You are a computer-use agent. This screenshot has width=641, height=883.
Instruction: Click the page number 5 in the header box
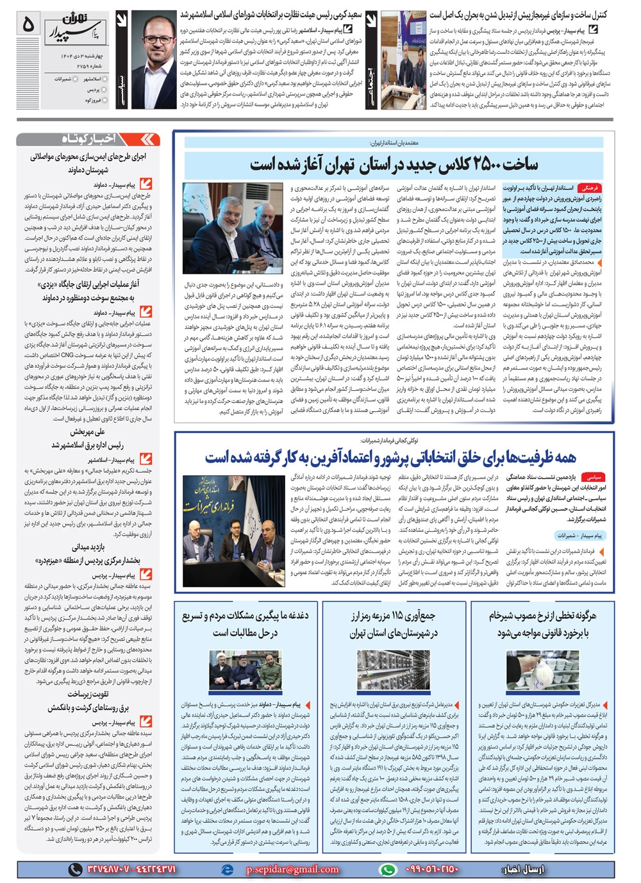coord(28,24)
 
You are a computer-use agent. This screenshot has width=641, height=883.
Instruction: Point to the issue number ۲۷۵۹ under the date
coord(82,65)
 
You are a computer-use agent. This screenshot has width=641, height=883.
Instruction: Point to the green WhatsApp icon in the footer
coord(387,870)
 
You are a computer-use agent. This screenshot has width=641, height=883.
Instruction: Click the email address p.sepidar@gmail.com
coord(292,870)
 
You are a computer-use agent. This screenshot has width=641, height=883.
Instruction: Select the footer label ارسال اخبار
coord(522,870)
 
